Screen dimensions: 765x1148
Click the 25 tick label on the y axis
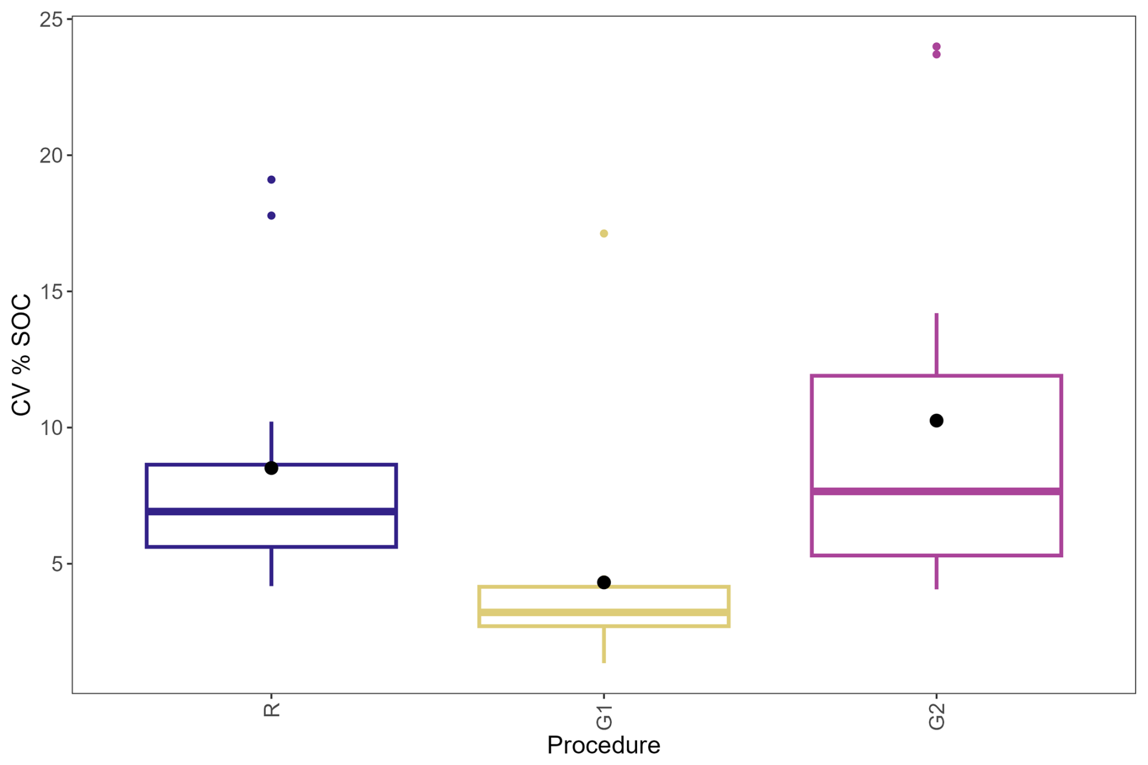click(51, 19)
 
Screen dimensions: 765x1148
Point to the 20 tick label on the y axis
click(51, 156)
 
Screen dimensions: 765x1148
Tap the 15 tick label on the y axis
click(51, 292)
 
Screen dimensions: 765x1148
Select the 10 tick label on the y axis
click(51, 428)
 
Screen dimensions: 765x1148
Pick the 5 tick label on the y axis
click(57, 564)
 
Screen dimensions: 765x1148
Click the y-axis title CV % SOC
click(22, 355)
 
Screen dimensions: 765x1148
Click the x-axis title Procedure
click(603, 745)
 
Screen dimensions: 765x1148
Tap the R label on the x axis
click(271, 710)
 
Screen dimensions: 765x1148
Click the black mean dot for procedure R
click(271, 468)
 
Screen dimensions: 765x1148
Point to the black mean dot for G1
click(604, 582)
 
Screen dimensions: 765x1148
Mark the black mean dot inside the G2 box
click(936, 420)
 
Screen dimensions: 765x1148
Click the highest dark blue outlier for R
click(271, 180)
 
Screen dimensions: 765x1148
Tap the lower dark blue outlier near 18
click(271, 215)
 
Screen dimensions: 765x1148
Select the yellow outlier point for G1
click(604, 234)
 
